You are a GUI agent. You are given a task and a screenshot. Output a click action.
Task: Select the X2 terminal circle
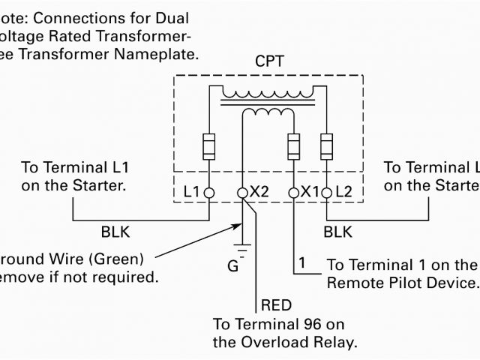coord(242,193)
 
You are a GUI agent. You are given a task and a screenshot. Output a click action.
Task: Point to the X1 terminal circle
coord(292,193)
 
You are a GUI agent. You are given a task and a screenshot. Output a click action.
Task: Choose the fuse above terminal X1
coord(292,143)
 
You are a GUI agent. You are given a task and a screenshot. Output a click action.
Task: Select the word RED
coord(275,305)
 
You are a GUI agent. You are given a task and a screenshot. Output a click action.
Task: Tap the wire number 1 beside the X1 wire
coord(301,263)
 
